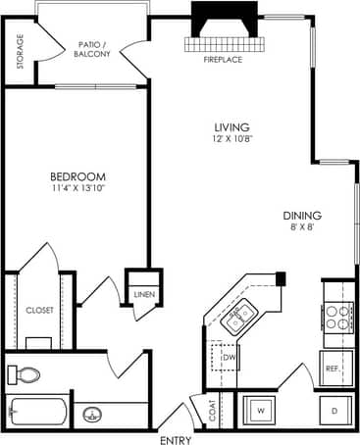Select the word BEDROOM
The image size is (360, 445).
pos(78,177)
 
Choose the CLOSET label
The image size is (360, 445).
pos(39,310)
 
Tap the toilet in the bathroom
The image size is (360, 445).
pos(26,374)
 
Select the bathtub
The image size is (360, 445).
pos(37,413)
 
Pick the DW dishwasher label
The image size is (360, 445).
pos(228,359)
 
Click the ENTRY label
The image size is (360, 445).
pos(177,438)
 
